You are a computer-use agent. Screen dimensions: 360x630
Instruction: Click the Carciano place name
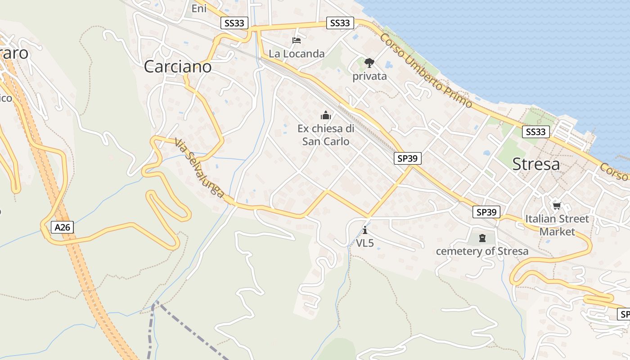click(x=177, y=67)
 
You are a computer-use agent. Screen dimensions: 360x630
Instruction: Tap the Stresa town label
click(x=536, y=164)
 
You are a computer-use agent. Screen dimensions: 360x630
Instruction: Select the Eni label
click(x=199, y=8)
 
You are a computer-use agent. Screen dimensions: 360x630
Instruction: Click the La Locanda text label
click(x=297, y=54)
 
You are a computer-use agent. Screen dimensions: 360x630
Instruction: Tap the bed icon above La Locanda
click(x=297, y=40)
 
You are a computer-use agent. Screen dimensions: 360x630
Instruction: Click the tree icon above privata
click(x=369, y=63)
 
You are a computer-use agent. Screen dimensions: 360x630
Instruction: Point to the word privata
click(x=369, y=76)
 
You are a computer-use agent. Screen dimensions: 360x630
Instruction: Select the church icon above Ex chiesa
click(x=326, y=116)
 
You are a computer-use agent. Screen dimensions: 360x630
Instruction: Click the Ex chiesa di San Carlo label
click(x=326, y=135)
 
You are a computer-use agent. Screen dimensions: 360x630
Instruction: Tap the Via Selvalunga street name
click(x=199, y=168)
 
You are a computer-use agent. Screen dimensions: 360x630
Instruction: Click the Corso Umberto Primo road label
click(x=426, y=71)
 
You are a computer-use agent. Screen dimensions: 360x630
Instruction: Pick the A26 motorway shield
click(x=62, y=227)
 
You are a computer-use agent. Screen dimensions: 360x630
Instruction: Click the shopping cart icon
click(x=557, y=206)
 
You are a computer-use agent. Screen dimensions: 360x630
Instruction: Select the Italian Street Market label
click(x=557, y=225)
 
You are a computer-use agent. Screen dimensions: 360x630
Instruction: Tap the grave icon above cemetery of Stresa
click(x=482, y=238)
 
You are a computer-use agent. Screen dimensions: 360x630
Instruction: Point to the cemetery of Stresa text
click(x=482, y=251)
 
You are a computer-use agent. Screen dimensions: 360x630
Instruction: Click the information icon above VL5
click(x=365, y=230)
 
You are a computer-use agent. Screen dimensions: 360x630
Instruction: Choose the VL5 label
click(x=365, y=243)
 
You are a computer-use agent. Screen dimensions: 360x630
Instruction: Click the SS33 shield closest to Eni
click(x=234, y=23)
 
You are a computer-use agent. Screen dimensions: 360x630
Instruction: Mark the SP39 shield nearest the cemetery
click(x=486, y=212)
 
